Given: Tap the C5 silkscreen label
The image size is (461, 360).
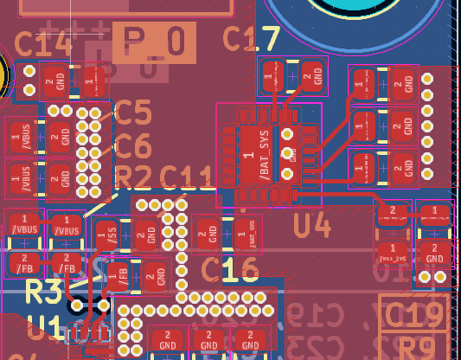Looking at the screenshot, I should point(133,112).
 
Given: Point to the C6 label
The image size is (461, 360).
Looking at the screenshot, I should point(133,145).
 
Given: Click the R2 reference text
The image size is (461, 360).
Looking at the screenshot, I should point(135,177).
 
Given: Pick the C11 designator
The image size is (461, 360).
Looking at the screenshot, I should point(187,178).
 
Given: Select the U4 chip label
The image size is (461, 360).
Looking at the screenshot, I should point(312,225).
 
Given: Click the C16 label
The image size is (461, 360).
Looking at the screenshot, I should point(230,272).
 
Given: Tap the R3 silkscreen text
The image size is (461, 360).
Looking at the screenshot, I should point(44,290).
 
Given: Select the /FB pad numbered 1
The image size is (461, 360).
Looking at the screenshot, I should point(117,277).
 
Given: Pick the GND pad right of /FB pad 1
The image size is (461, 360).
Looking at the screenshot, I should point(155,277).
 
